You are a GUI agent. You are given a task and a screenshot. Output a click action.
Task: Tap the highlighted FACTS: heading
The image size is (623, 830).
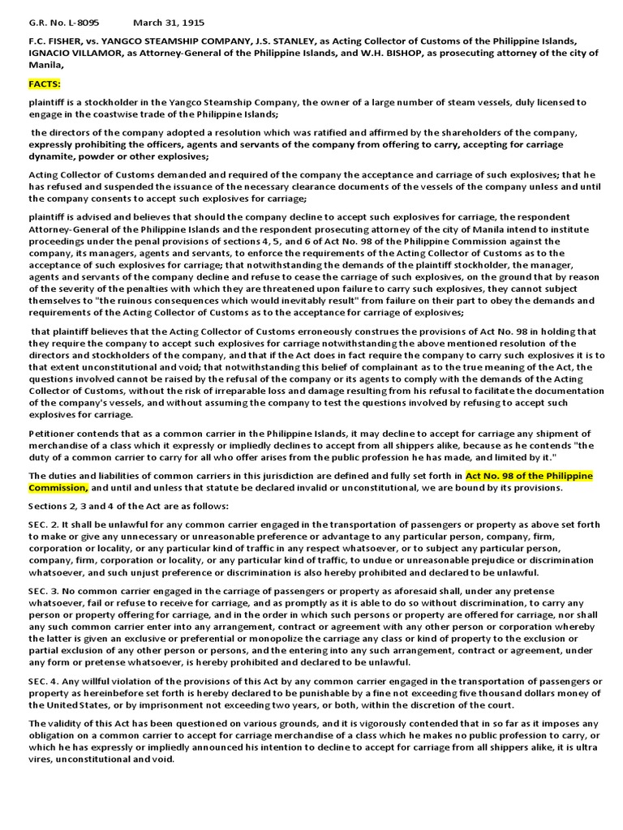44,83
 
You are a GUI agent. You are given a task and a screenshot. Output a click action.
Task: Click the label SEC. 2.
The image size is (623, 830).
42,525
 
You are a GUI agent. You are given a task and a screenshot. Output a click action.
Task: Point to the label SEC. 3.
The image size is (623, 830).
42,591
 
